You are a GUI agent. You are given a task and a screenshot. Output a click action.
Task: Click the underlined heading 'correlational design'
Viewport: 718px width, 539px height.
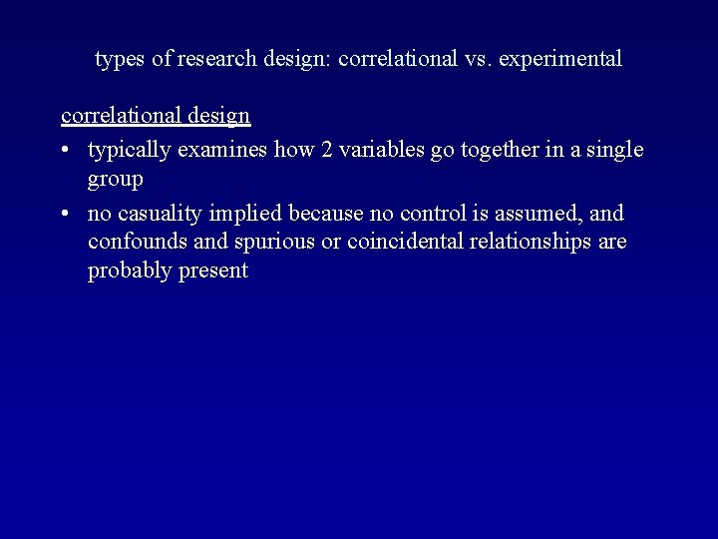(x=156, y=116)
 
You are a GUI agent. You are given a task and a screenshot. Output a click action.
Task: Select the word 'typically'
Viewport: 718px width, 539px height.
(x=128, y=151)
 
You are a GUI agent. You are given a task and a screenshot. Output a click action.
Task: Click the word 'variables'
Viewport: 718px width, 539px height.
(x=386, y=150)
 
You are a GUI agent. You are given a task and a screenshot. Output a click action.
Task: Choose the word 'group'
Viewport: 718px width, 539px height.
(x=115, y=181)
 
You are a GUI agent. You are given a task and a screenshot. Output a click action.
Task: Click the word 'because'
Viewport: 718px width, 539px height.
(x=324, y=213)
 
